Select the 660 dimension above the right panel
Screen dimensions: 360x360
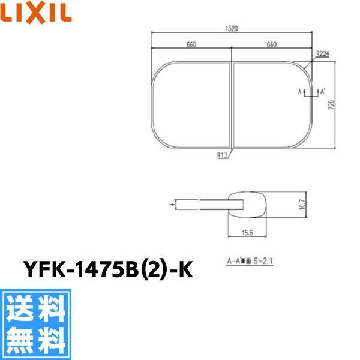(x=271, y=44)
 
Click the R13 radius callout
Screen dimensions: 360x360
(x=222, y=154)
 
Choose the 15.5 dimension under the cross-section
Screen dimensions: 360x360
(x=248, y=231)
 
